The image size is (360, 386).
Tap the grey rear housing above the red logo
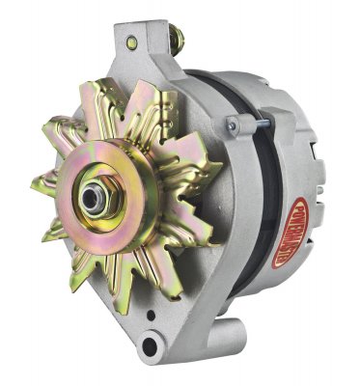(x=290, y=116)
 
